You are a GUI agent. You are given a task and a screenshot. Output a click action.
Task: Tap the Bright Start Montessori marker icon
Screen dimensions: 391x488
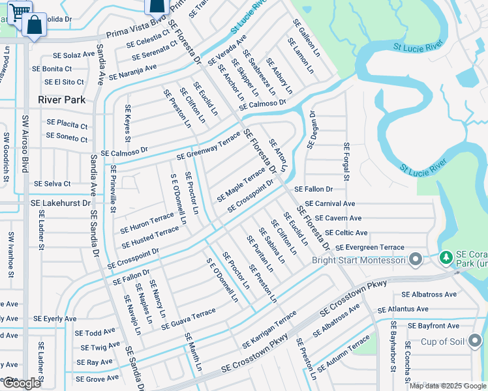[416, 261]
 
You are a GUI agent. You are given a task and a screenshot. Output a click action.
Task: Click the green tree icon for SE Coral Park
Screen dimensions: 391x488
[447, 258]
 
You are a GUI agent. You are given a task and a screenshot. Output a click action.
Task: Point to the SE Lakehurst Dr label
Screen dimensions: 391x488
[60, 203]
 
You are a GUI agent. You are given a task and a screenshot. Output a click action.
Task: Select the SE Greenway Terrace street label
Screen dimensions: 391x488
[209, 148]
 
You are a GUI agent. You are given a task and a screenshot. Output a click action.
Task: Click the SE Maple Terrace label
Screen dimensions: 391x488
[241, 184]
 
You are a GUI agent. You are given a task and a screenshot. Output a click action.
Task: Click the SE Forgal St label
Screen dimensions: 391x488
[346, 163]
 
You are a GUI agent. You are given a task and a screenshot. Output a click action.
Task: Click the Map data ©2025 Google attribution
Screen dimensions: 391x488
[448, 386]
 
